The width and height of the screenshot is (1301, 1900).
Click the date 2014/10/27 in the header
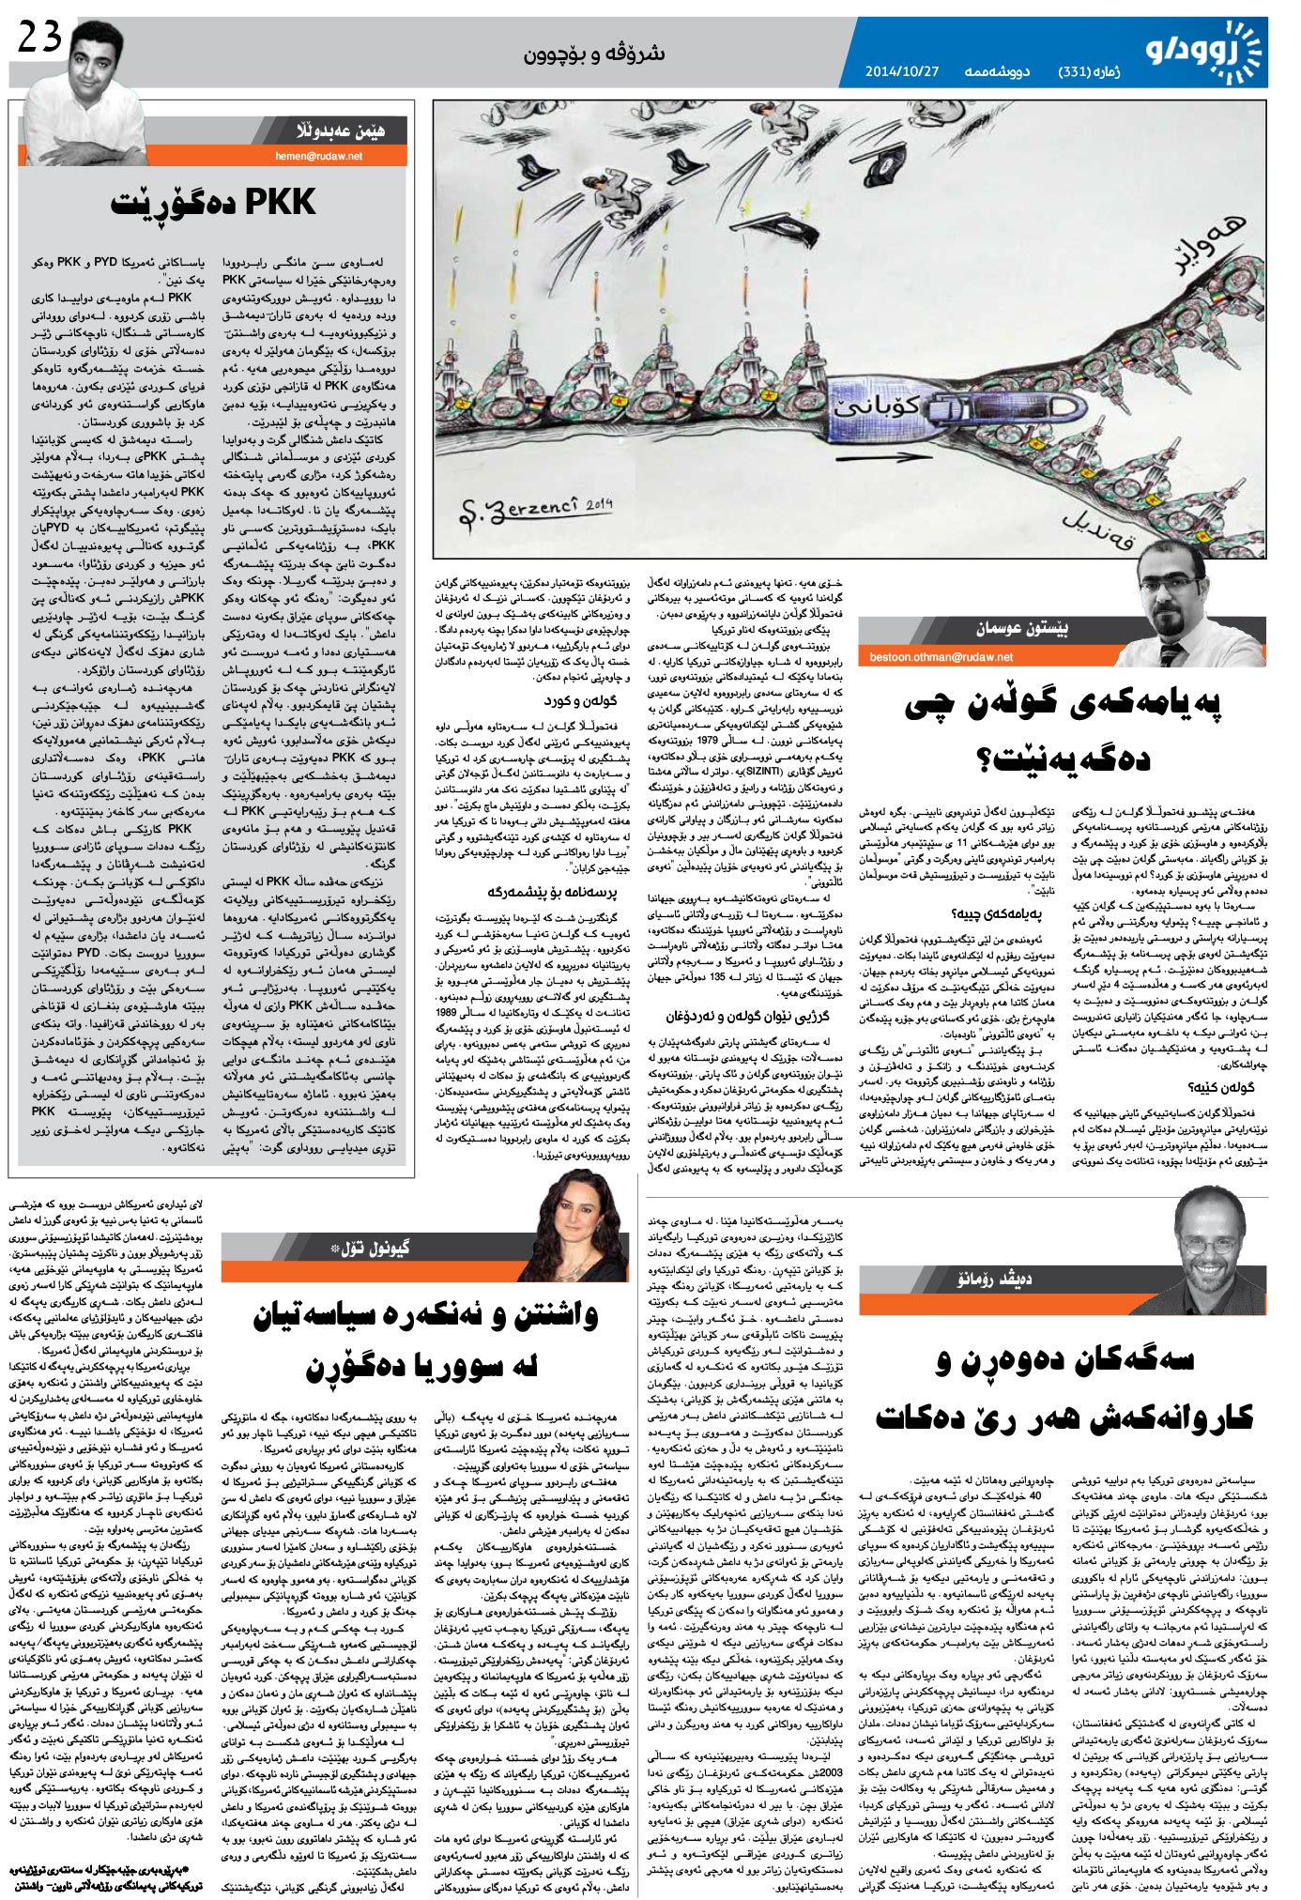tap(901, 71)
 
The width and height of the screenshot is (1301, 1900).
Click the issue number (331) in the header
tap(1078, 71)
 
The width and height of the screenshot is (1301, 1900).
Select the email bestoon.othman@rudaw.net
tap(947, 656)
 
